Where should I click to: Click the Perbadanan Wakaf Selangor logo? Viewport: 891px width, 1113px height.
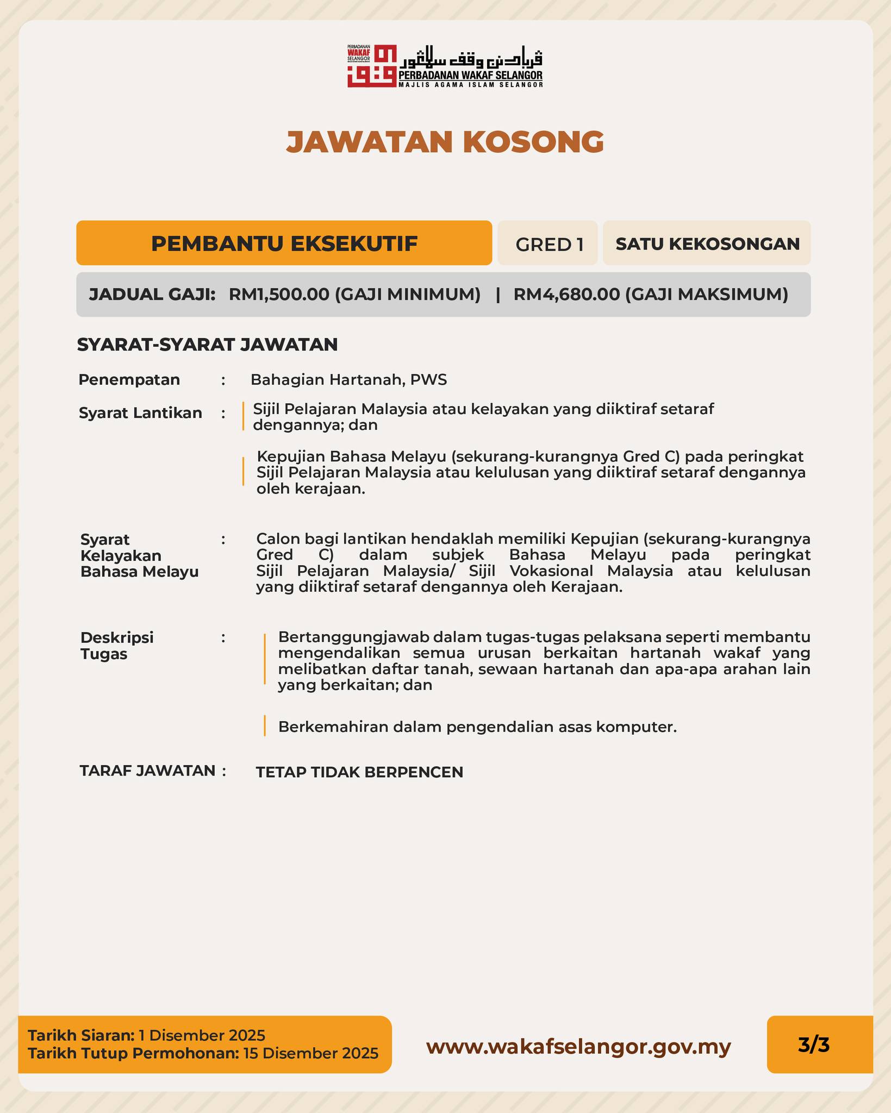445,66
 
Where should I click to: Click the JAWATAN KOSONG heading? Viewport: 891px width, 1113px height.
445,142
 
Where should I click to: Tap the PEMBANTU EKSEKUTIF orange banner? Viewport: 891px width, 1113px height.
284,243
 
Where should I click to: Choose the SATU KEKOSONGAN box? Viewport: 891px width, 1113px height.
707,243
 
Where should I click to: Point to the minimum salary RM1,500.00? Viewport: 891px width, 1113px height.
279,295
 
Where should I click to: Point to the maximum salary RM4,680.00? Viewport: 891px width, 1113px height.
566,295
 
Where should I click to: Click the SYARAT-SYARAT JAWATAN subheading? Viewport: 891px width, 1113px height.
207,345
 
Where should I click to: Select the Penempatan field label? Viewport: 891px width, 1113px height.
129,380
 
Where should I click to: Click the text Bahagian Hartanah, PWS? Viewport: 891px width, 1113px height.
348,380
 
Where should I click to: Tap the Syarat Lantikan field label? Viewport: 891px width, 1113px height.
140,413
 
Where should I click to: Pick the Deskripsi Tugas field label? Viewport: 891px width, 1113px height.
117,645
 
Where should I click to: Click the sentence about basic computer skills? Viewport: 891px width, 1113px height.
477,727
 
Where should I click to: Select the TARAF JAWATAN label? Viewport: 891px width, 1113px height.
148,771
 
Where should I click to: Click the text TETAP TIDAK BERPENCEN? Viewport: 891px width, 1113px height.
359,772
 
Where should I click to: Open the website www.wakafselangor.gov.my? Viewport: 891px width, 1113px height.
578,1046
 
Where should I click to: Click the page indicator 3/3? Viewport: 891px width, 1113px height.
814,1045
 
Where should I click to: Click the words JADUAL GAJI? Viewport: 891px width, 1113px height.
152,295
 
